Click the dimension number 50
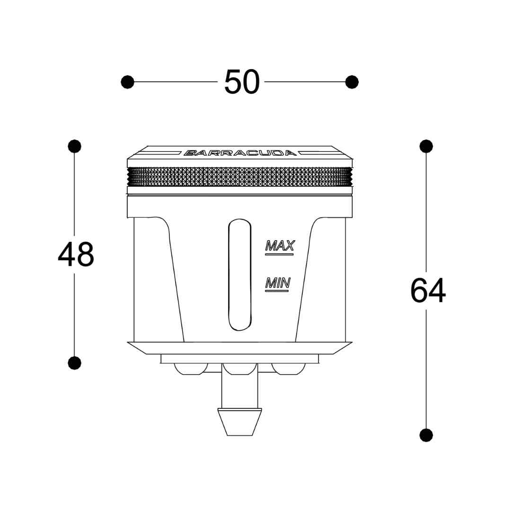[242, 82]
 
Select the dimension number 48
[76, 254]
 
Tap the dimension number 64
[428, 291]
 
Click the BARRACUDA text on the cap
[240, 153]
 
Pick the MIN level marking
[278, 283]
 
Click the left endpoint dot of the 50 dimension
[127, 82]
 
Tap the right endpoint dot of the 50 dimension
[352, 82]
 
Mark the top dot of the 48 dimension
[75, 146]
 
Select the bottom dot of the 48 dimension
[75, 363]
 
